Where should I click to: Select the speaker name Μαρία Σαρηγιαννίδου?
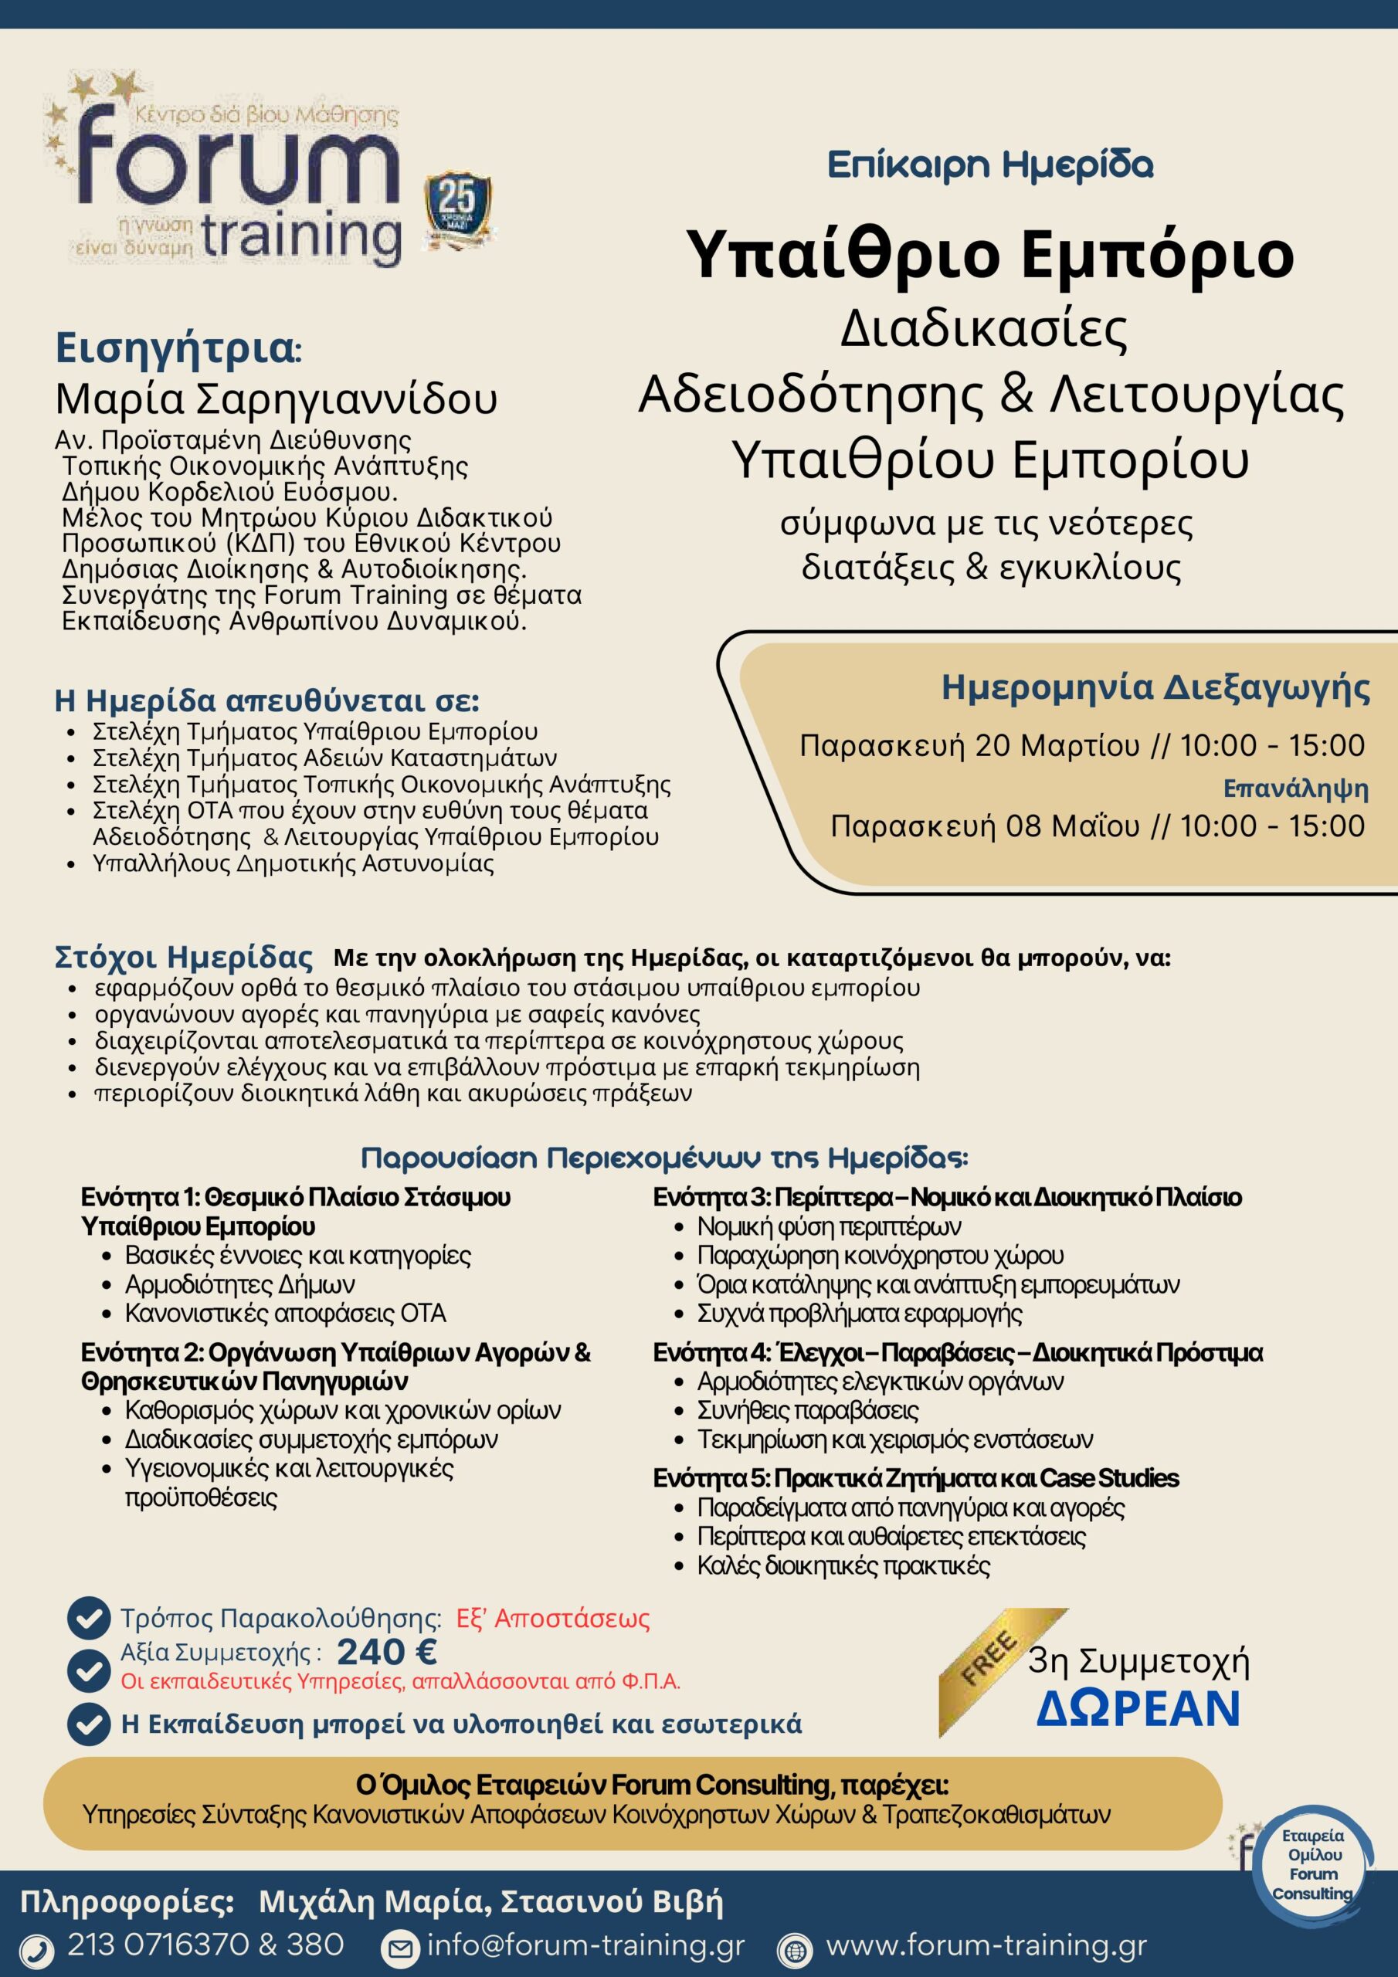pos(277,398)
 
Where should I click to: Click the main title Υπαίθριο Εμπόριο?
pos(993,255)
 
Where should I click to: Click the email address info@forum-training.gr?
pos(585,1945)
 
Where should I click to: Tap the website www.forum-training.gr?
pos(986,1945)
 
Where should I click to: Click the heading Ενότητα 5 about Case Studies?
pos(914,1478)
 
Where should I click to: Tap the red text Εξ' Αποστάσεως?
pos(552,1619)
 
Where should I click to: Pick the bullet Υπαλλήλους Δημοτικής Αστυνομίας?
pos(293,863)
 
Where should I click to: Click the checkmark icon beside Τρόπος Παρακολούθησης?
pos(88,1619)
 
